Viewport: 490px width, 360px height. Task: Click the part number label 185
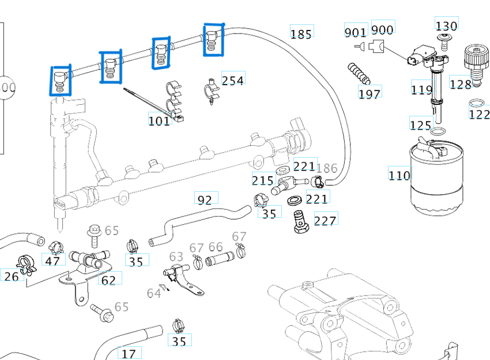[x=301, y=33]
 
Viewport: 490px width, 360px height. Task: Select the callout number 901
[x=356, y=31]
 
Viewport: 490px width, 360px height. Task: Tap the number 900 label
[x=382, y=29]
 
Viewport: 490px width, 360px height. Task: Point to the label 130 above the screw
[x=446, y=25]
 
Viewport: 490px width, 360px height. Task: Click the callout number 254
[x=233, y=80]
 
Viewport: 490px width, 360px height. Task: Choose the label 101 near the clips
[x=159, y=120]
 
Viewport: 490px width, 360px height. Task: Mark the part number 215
[x=263, y=180]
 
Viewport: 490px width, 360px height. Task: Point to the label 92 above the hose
[x=205, y=200]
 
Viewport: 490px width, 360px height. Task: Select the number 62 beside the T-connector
[x=108, y=280]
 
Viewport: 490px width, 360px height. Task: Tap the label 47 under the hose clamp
[x=52, y=261]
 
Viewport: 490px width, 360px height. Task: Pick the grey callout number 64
[x=153, y=293]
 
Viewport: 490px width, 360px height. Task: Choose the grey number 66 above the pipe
[x=216, y=247]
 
